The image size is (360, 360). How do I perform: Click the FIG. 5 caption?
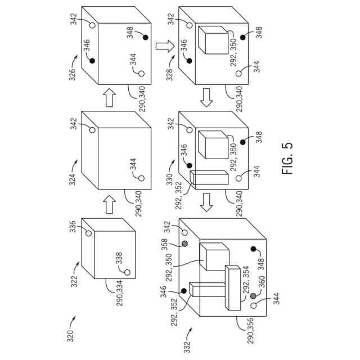coord(287,158)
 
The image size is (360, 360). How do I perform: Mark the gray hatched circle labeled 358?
coord(184,245)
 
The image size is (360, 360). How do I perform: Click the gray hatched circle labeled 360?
coord(253,296)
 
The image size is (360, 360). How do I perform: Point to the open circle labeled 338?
coord(128,273)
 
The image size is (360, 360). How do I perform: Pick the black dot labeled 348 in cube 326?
coord(145,38)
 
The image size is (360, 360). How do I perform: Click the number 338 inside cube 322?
coord(119,258)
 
